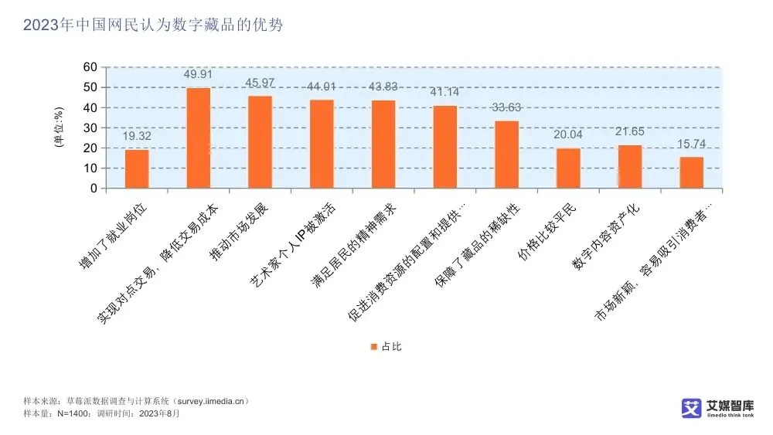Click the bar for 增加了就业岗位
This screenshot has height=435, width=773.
[x=137, y=169]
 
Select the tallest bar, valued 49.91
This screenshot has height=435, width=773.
[x=199, y=138]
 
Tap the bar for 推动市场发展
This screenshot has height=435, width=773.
[x=260, y=142]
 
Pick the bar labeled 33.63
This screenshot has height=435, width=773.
[x=507, y=155]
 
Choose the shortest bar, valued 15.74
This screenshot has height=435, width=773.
[x=692, y=172]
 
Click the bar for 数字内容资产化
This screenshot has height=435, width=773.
[x=630, y=167]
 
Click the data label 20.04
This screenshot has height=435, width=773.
[x=568, y=134]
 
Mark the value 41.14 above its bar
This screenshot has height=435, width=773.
[x=444, y=92]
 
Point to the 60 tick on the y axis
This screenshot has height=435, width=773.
[x=90, y=67]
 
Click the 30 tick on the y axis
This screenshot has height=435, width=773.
[x=90, y=127]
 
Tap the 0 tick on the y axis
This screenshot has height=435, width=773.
[x=94, y=188]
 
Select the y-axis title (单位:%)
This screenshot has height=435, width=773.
[x=58, y=127]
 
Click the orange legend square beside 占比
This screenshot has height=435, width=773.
[x=374, y=347]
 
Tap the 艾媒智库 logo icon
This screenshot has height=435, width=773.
[x=691, y=408]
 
